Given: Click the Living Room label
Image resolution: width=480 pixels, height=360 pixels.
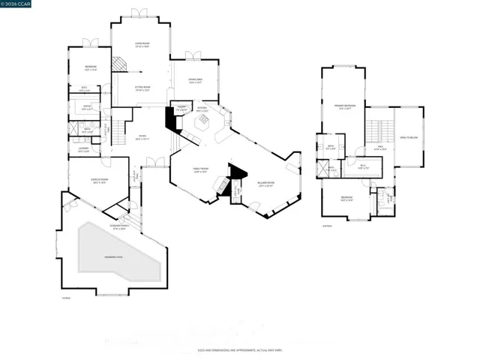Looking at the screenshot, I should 141,45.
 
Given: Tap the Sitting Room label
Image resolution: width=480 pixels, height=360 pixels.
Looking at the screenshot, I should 142,88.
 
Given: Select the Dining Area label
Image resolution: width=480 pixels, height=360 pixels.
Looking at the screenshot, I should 195,80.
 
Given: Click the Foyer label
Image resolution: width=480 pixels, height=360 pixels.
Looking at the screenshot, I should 142,137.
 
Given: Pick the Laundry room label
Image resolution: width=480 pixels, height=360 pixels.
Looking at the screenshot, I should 83,149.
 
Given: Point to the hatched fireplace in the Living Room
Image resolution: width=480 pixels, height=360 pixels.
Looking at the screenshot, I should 118,65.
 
